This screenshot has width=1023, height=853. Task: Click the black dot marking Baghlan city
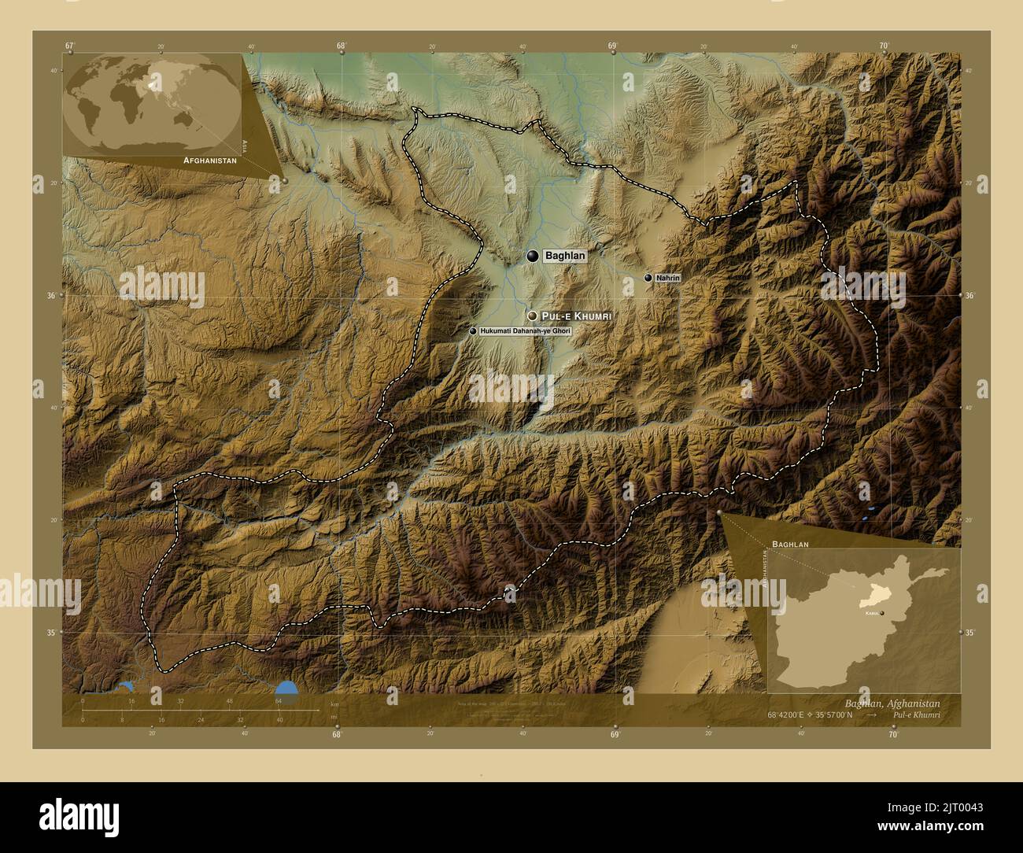coord(534,256)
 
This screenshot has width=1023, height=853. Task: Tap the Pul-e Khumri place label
coord(577,315)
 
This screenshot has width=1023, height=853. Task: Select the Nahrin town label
coord(667,278)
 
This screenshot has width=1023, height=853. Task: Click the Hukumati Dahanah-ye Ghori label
coord(525,331)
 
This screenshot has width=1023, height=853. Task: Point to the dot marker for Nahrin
coord(648,278)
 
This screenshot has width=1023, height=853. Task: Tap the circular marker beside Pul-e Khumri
coord(533,315)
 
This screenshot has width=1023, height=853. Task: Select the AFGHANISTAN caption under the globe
coord(209,160)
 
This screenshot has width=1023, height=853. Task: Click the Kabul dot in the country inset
coord(883,612)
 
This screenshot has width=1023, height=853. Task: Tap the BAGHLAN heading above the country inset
coord(790,544)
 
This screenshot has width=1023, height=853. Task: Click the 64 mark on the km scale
coord(279,700)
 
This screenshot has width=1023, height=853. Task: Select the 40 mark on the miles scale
coord(279,719)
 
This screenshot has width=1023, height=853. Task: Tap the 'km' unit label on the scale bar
coord(334,703)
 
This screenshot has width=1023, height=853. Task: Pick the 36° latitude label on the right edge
coord(969,295)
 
